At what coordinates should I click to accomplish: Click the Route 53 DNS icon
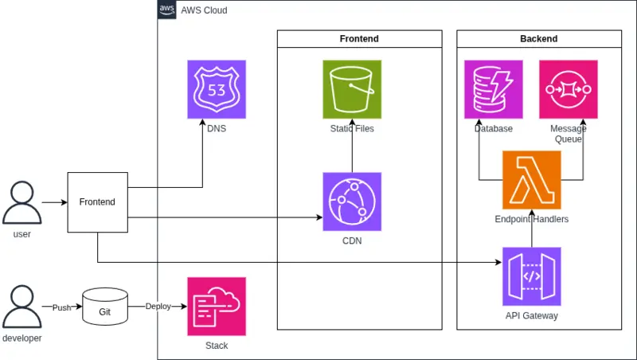(x=217, y=89)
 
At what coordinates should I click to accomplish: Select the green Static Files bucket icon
(x=352, y=89)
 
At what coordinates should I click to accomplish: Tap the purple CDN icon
(x=352, y=202)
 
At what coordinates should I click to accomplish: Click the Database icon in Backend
(x=494, y=89)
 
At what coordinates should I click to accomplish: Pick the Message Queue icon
(x=568, y=89)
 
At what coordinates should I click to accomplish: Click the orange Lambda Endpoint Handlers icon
(x=532, y=180)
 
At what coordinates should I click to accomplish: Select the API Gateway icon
(x=532, y=276)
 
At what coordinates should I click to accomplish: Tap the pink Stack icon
(x=217, y=306)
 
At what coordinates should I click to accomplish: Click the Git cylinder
(x=105, y=307)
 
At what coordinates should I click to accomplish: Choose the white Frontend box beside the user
(x=97, y=202)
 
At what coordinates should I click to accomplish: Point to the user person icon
(x=21, y=202)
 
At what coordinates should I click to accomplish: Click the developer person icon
(x=21, y=307)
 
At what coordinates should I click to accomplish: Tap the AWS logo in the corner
(x=167, y=10)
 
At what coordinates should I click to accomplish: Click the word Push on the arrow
(x=62, y=307)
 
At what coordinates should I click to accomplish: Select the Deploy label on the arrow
(x=157, y=307)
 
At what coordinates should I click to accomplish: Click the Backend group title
(x=538, y=38)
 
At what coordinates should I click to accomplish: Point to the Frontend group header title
(x=359, y=38)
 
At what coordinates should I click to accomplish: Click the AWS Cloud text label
(x=205, y=10)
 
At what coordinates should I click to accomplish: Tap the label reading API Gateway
(x=532, y=316)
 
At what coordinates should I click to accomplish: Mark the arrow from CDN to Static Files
(x=352, y=153)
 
